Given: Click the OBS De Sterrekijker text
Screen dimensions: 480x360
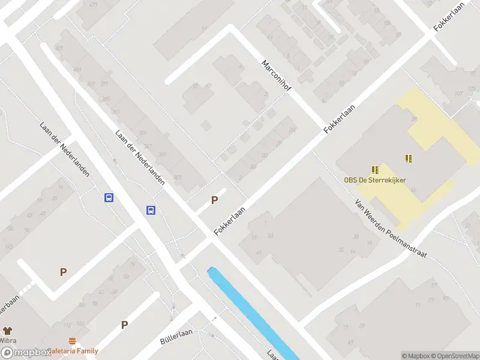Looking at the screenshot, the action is pos(375,180).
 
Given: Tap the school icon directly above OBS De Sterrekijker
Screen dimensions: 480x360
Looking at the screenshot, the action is pos(375,170).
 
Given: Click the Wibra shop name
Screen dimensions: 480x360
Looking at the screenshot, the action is pos(8,341).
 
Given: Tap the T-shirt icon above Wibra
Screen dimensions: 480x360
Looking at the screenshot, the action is pos(7,331).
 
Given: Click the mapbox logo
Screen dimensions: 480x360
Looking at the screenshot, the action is pos(29,353).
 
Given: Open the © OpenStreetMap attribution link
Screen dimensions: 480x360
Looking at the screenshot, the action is pos(455,356).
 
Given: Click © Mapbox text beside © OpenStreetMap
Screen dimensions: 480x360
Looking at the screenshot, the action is pos(415,356).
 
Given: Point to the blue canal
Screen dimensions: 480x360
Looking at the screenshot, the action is pos(252,312).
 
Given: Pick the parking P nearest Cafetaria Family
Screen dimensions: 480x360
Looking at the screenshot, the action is pos(124,325).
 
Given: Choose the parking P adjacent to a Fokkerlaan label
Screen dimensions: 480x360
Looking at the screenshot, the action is pos(214,200).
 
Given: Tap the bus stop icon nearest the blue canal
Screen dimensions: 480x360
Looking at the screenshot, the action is pos(151,210).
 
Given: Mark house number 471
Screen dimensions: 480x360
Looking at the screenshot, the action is pos(93,5).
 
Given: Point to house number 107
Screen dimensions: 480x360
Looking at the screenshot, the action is pos(459,93).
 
